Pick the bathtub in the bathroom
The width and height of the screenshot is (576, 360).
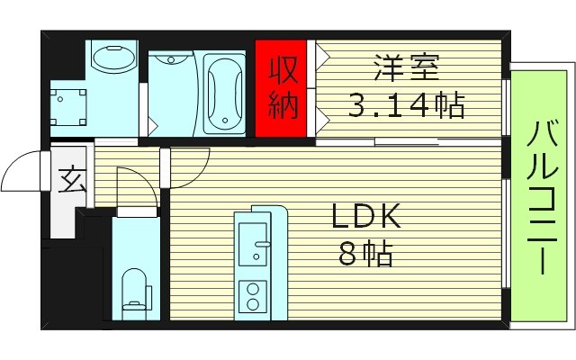click(x=223, y=93)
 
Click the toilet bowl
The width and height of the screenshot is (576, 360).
click(x=134, y=290)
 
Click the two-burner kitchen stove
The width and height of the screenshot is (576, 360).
click(x=252, y=296)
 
